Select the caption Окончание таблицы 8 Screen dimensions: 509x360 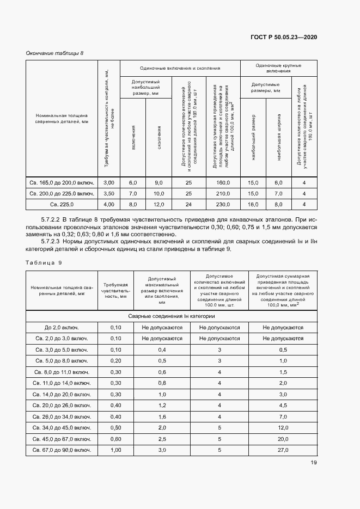point(55,53)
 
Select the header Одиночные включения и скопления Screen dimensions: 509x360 point(180,69)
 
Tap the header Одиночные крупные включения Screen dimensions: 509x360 point(278,69)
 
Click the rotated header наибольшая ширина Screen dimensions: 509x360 point(279,145)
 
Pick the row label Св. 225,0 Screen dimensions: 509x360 point(62,204)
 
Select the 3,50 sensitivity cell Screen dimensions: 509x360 point(109,193)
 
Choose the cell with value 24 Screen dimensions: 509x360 point(189,204)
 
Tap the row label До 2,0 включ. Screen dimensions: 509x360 point(62,328)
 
